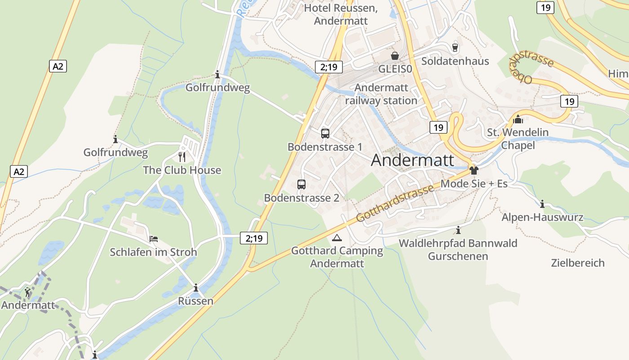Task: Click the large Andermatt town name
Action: pyautogui.click(x=412, y=161)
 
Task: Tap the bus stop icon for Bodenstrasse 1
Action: pyautogui.click(x=325, y=134)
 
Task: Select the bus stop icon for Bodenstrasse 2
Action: pyautogui.click(x=301, y=184)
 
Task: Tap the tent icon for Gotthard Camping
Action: pyautogui.click(x=337, y=238)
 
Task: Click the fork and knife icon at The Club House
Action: pyautogui.click(x=182, y=157)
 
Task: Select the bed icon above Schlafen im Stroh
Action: pyautogui.click(x=154, y=239)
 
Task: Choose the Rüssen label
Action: pyautogui.click(x=195, y=301)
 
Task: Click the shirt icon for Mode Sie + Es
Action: pyautogui.click(x=474, y=171)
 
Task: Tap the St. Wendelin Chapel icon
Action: pyautogui.click(x=518, y=119)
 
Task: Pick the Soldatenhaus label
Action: pyautogui.click(x=455, y=61)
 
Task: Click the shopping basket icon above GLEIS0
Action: pyautogui.click(x=394, y=56)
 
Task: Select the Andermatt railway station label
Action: pyautogui.click(x=381, y=94)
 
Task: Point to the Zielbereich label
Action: pyautogui.click(x=578, y=263)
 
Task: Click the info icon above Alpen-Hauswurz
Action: pyautogui.click(x=542, y=204)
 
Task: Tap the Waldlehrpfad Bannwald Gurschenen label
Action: pyautogui.click(x=458, y=250)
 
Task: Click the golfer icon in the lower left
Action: pyautogui.click(x=28, y=292)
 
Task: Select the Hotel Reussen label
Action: pyautogui.click(x=341, y=14)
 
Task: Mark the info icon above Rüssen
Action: pyautogui.click(x=195, y=288)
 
